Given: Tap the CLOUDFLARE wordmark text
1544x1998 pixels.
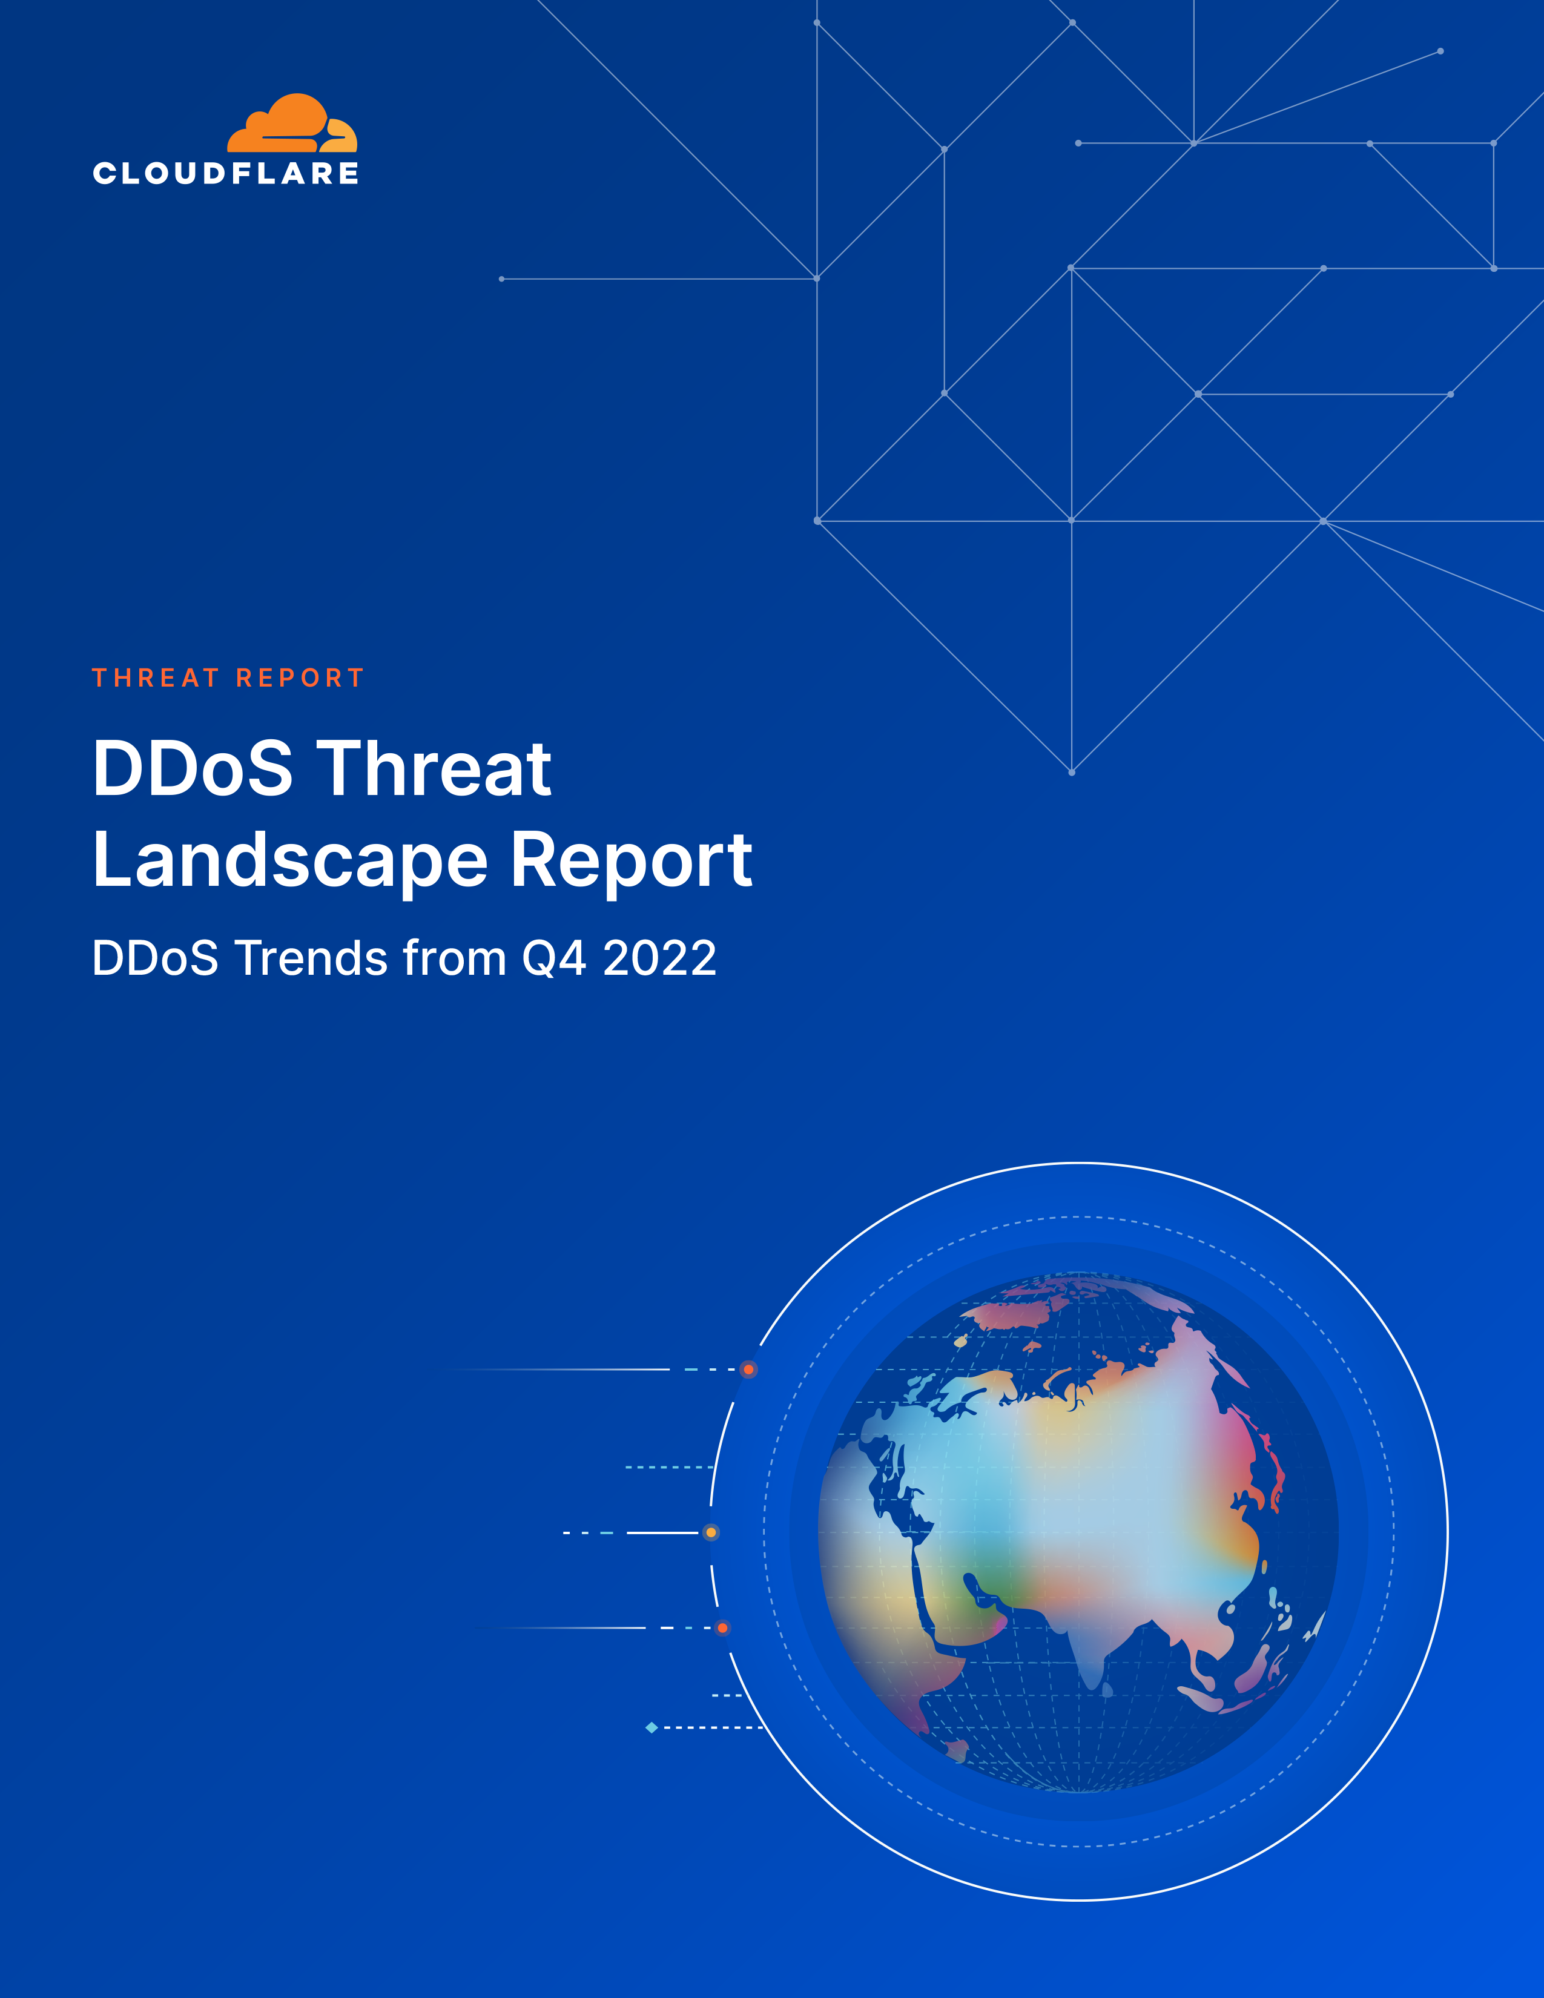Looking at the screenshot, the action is [x=226, y=174].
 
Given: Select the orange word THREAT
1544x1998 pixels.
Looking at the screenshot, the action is [x=156, y=678].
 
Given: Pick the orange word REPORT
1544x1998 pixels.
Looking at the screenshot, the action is [x=300, y=678].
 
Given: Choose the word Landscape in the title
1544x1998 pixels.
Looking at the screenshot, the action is [x=290, y=862].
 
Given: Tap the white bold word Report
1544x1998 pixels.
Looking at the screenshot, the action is [x=631, y=862].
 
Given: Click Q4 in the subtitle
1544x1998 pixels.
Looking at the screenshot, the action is [x=554, y=960].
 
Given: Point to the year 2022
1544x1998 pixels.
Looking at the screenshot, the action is [x=659, y=959].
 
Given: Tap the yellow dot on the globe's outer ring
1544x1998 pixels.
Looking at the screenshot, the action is [x=711, y=1532].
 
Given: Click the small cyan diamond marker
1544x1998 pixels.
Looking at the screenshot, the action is [x=652, y=1727].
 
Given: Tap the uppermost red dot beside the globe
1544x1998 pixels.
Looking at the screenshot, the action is [x=748, y=1370].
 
